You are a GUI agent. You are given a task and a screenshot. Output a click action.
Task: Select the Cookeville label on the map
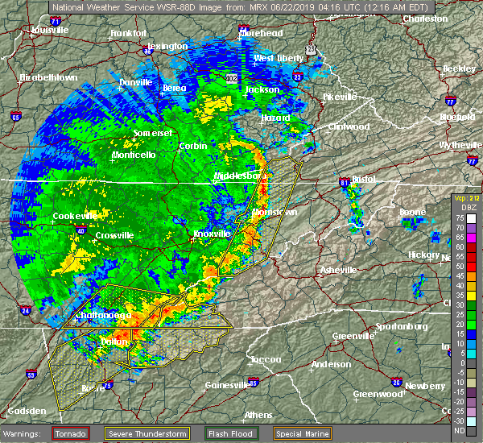point(75,216)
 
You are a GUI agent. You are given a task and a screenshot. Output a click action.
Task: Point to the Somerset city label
point(153,131)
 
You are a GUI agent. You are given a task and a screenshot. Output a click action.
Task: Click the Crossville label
point(113,235)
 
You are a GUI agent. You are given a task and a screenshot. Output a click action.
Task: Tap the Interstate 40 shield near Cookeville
point(81,230)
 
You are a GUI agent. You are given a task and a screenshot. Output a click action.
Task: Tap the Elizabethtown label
point(48,78)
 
